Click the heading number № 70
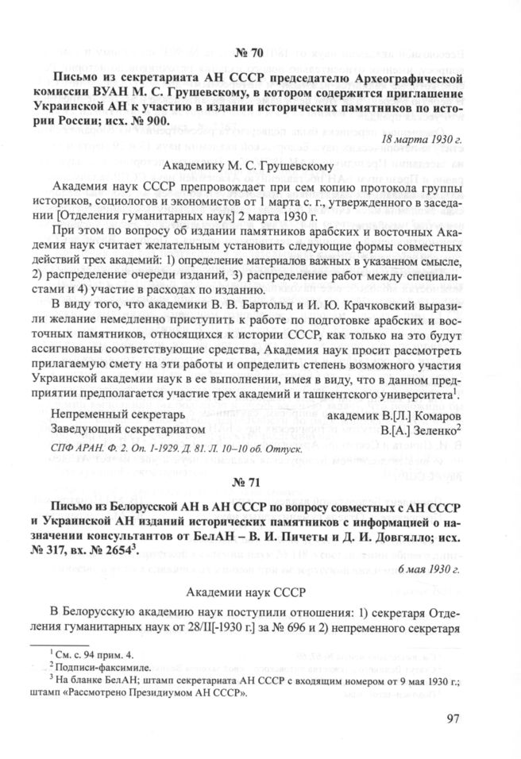tap(260, 54)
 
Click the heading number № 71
tap(260, 481)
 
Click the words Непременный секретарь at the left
tap(117, 414)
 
